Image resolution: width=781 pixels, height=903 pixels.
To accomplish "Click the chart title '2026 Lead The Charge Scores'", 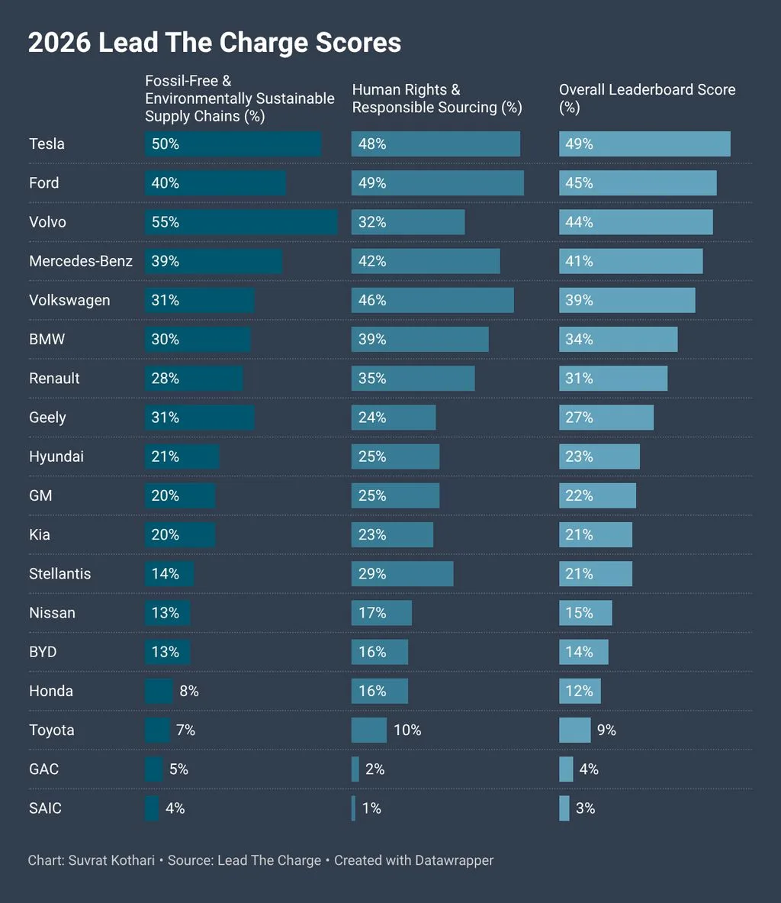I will [x=214, y=43].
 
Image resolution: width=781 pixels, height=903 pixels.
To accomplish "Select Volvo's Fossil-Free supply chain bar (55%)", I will [x=241, y=222].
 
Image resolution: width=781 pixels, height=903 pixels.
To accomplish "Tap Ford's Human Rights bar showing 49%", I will [x=437, y=183].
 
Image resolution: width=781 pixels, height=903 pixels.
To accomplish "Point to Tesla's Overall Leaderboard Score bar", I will [x=644, y=144].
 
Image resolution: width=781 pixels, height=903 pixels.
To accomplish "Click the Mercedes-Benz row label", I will [x=81, y=261].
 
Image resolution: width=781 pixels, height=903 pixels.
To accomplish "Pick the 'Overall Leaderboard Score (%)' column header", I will [x=647, y=98].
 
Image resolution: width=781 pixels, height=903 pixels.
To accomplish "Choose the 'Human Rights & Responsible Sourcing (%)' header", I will [x=437, y=98].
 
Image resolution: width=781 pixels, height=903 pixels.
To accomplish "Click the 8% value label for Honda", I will [x=189, y=691].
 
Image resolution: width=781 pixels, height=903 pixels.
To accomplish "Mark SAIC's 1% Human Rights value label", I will [x=371, y=808].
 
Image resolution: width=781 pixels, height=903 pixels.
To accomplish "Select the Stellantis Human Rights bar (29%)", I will [x=402, y=574].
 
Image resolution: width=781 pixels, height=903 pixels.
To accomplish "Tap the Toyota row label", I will [x=52, y=730].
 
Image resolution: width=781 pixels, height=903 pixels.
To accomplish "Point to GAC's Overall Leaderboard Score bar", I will [x=566, y=769].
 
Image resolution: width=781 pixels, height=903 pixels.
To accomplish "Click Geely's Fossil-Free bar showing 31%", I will [x=199, y=418].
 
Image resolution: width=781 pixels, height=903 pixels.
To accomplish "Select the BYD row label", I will [x=43, y=652].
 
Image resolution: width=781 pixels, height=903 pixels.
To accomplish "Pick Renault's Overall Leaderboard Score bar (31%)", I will [x=613, y=379].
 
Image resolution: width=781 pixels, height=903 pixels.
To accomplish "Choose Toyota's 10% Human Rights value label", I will [x=407, y=730].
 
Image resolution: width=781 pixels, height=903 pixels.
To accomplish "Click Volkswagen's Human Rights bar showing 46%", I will [x=432, y=300].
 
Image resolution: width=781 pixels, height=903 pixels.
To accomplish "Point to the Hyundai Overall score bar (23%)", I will [x=599, y=456].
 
